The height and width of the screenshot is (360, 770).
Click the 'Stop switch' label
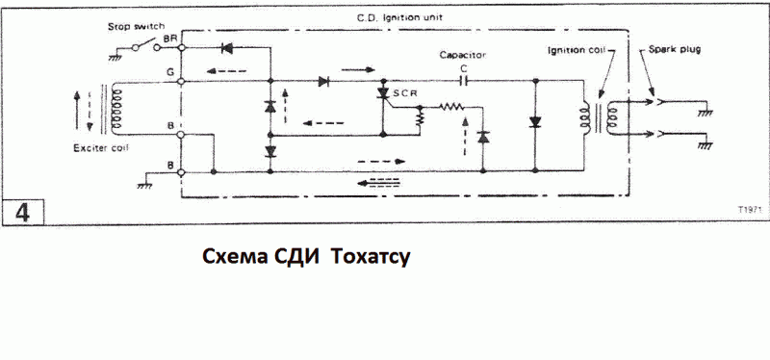[136, 27]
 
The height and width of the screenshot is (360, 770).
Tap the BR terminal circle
[181, 47]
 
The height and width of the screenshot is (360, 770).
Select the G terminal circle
[181, 81]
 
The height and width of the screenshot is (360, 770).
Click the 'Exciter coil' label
[101, 148]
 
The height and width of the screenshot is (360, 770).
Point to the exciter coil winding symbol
[115, 108]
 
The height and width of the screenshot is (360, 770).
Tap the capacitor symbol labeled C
[463, 81]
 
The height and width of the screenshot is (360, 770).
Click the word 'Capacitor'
[463, 55]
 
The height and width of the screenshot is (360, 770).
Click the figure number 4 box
[22, 212]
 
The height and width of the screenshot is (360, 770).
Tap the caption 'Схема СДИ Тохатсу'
[305, 256]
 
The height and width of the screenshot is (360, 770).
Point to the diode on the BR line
[228, 47]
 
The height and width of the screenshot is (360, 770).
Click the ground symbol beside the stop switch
[115, 56]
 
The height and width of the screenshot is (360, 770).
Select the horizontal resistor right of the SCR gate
[450, 106]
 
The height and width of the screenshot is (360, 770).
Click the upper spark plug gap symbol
[659, 103]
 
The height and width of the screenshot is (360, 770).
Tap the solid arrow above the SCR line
[358, 70]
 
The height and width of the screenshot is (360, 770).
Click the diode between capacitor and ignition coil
[535, 121]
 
